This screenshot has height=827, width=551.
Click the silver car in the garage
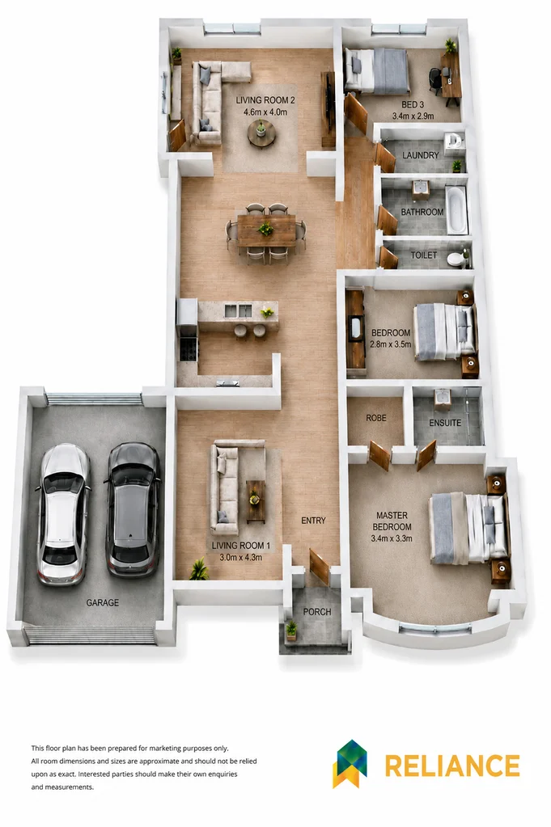[62, 514]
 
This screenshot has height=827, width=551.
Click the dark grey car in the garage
[132, 510]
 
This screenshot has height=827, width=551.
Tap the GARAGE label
[103, 602]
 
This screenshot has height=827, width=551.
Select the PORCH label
[317, 612]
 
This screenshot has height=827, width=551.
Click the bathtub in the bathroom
[456, 209]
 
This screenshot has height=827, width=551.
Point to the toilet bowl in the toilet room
[456, 259]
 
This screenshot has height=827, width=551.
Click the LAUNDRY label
[421, 155]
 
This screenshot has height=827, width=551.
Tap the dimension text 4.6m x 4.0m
[265, 112]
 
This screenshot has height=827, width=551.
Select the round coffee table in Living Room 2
[261, 133]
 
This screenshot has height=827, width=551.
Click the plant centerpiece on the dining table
[265, 229]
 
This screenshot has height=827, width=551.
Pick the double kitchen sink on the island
[238, 311]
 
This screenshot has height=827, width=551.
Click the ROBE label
[376, 418]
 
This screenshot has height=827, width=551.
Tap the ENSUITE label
[445, 423]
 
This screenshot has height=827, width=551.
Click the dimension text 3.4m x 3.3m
[392, 538]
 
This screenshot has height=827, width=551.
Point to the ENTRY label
[313, 521]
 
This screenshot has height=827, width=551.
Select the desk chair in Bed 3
[434, 81]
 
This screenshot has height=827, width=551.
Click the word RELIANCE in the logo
[452, 766]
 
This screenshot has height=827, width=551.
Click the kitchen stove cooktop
[189, 348]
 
